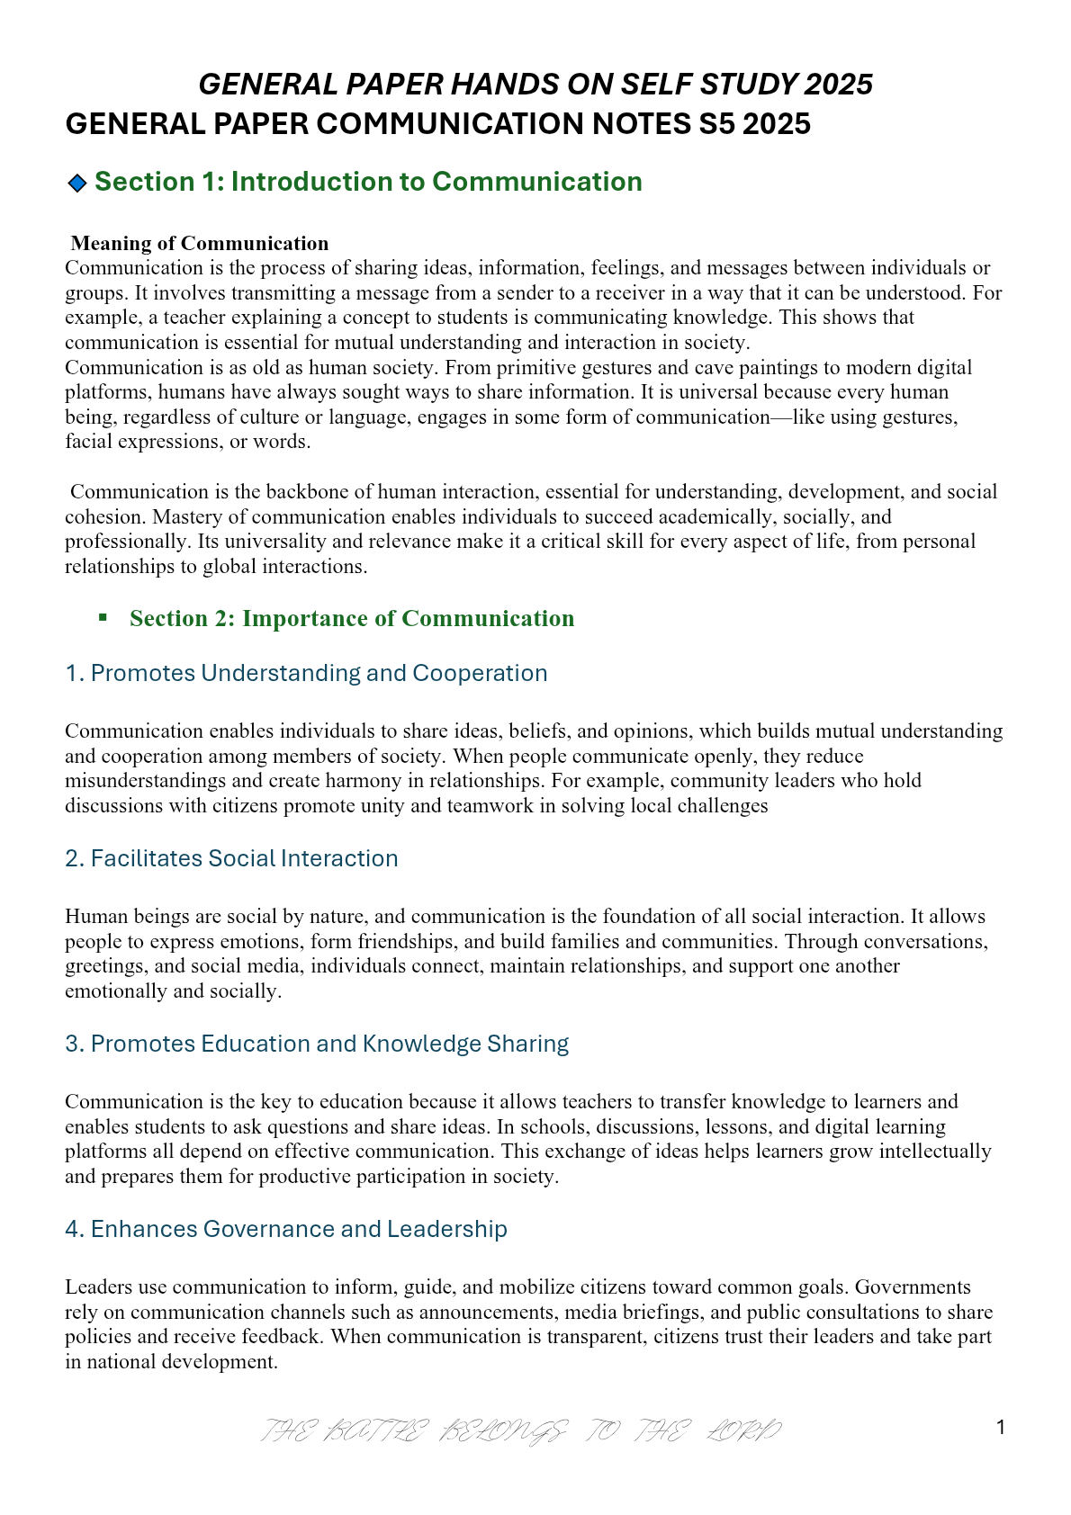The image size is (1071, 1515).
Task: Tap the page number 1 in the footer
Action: [999, 1428]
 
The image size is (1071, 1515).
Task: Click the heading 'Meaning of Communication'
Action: [200, 244]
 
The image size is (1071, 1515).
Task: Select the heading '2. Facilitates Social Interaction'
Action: [231, 858]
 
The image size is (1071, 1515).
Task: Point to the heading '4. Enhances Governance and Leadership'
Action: [286, 1229]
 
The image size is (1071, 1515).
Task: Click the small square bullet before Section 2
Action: [103, 617]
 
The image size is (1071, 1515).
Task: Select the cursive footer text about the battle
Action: [521, 1430]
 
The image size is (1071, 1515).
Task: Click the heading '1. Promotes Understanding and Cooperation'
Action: [306, 673]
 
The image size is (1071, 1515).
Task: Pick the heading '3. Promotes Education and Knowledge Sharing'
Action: [317, 1044]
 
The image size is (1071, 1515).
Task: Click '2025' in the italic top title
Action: [839, 85]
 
